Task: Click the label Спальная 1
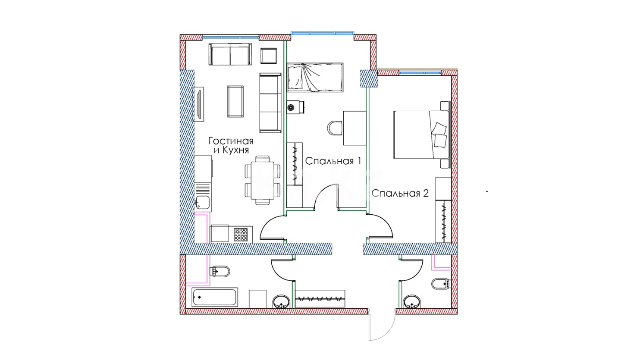[333, 161]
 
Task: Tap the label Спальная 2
[400, 194]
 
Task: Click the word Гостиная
[231, 141]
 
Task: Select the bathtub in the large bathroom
[215, 297]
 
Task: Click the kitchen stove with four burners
[241, 234]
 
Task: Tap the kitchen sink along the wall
[203, 202]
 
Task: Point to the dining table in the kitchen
[262, 180]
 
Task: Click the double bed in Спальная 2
[421, 134]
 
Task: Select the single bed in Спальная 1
[315, 78]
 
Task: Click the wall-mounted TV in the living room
[199, 104]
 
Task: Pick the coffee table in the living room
[235, 101]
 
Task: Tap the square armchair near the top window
[269, 56]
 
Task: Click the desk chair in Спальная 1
[335, 128]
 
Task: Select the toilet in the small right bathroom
[440, 284]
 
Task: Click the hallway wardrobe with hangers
[320, 299]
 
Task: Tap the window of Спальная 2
[420, 73]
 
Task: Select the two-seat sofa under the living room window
[230, 54]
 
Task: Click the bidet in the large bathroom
[220, 272]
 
